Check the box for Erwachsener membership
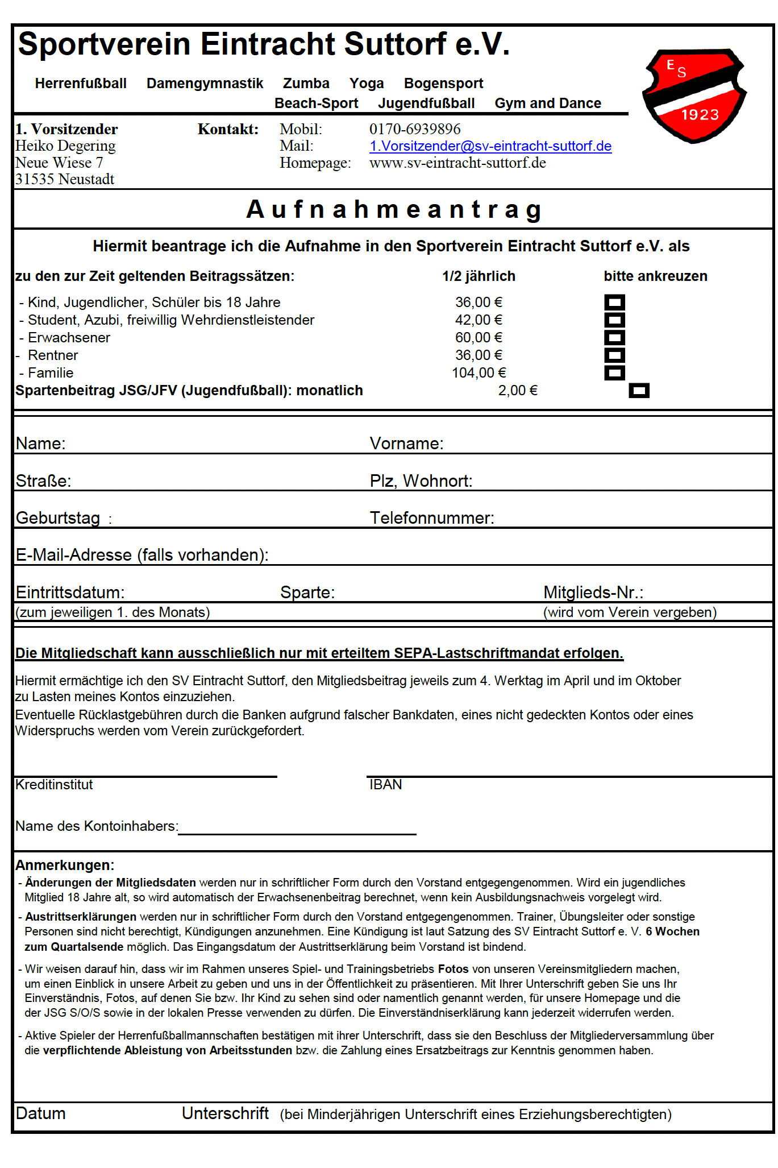point(614,338)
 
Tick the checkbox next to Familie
point(614,373)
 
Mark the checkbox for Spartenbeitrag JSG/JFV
point(639,391)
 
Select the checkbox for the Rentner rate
point(614,355)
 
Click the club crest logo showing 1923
point(694,96)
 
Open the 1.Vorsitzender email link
point(490,146)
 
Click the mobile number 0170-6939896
point(415,129)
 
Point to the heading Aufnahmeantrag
point(394,209)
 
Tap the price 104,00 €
point(479,373)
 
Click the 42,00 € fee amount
point(479,320)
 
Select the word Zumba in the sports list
point(306,84)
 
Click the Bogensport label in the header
point(443,84)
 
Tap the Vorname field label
point(406,444)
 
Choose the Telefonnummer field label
point(432,518)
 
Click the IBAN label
point(385,785)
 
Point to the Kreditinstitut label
point(54,785)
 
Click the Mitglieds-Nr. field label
point(593,593)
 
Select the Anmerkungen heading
point(65,865)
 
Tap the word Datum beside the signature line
point(41,1113)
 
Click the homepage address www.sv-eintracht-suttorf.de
point(457,163)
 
